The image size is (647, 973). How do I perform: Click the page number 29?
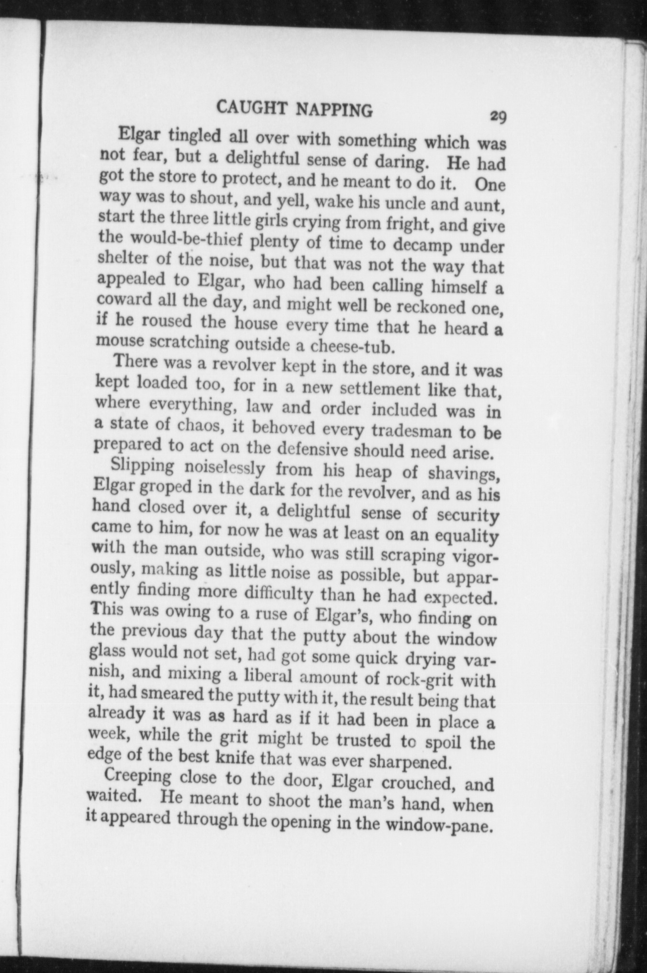click(498, 116)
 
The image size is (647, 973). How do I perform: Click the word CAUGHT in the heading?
click(252, 108)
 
